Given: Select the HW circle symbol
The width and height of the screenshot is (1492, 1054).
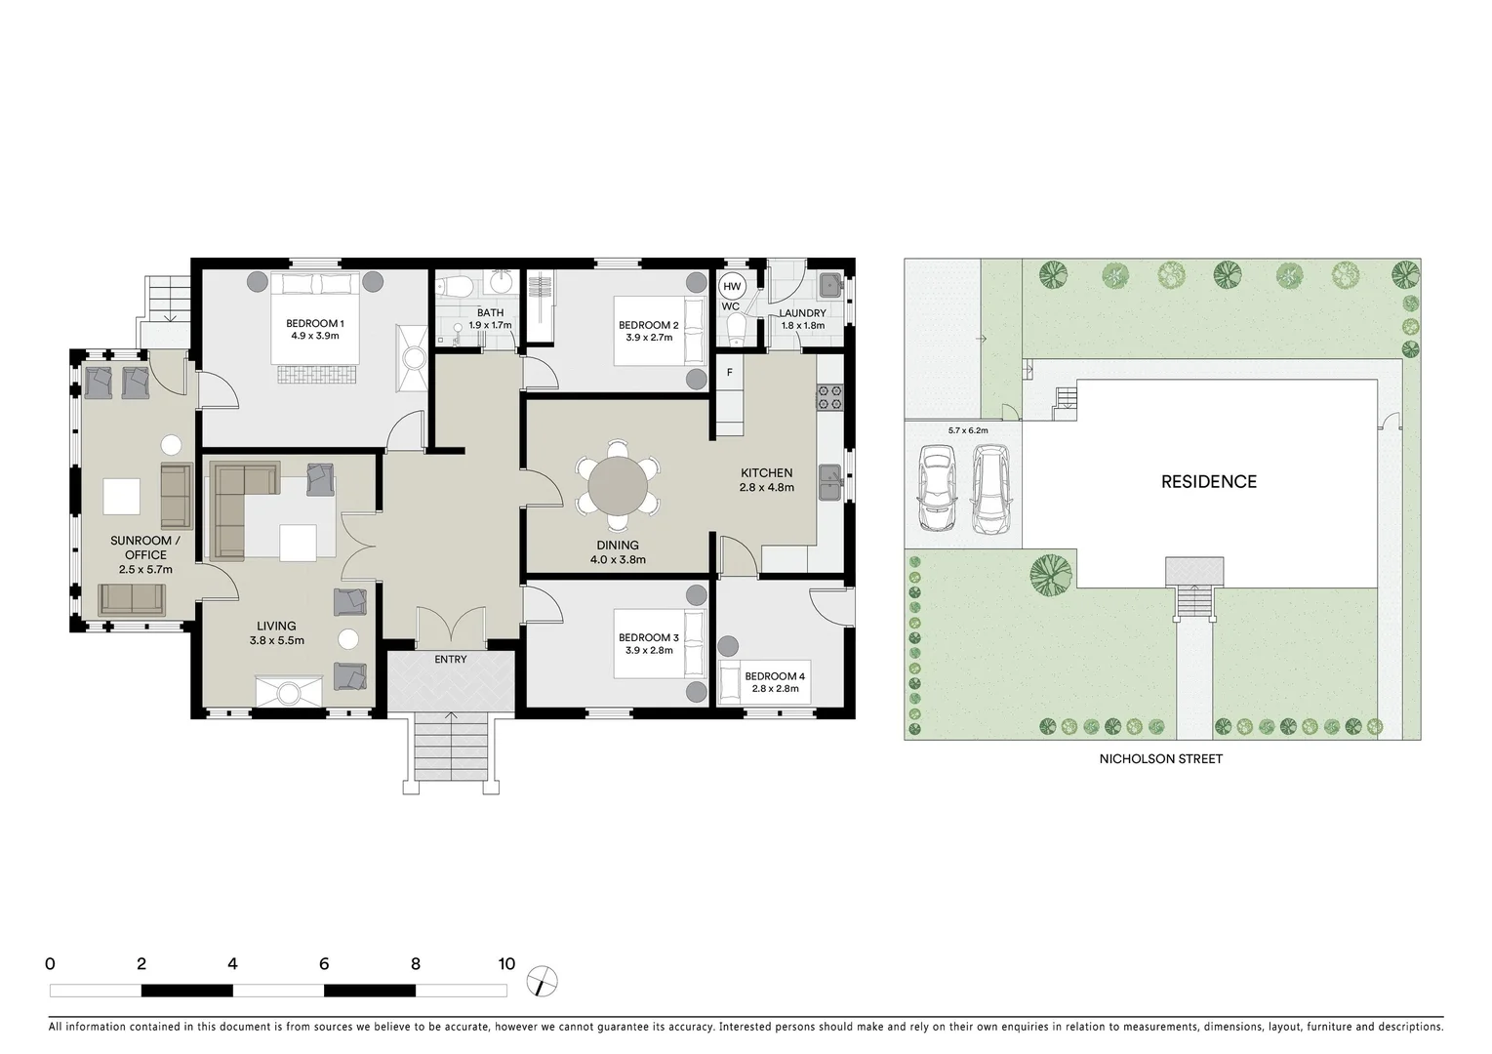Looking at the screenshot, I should click(x=732, y=286).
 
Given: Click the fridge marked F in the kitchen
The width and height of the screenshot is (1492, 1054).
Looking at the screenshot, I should click(x=729, y=373).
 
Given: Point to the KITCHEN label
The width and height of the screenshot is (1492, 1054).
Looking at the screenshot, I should click(x=766, y=473).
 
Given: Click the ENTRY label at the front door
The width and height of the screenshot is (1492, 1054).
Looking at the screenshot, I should click(x=451, y=660).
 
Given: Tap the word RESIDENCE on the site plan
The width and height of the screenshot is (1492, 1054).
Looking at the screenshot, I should click(x=1208, y=481).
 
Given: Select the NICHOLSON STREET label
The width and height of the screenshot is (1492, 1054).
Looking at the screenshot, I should click(x=1160, y=758).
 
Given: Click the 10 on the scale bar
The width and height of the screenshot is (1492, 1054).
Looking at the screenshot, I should click(x=505, y=964).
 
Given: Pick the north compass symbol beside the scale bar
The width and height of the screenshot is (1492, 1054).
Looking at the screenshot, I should click(x=541, y=980).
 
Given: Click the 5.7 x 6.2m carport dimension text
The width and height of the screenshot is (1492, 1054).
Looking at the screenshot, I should click(x=968, y=430).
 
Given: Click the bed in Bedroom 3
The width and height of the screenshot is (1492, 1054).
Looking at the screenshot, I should click(x=659, y=644).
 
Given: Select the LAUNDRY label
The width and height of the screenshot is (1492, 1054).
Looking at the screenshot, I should click(x=802, y=313).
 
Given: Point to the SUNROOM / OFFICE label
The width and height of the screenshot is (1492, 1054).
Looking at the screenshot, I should click(x=144, y=547).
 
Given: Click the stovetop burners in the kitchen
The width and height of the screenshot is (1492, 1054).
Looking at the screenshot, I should click(x=828, y=397).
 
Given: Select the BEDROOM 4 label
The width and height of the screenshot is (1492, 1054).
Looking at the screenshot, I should click(x=775, y=676).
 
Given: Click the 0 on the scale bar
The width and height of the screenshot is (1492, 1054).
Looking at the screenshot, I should click(x=50, y=964).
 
